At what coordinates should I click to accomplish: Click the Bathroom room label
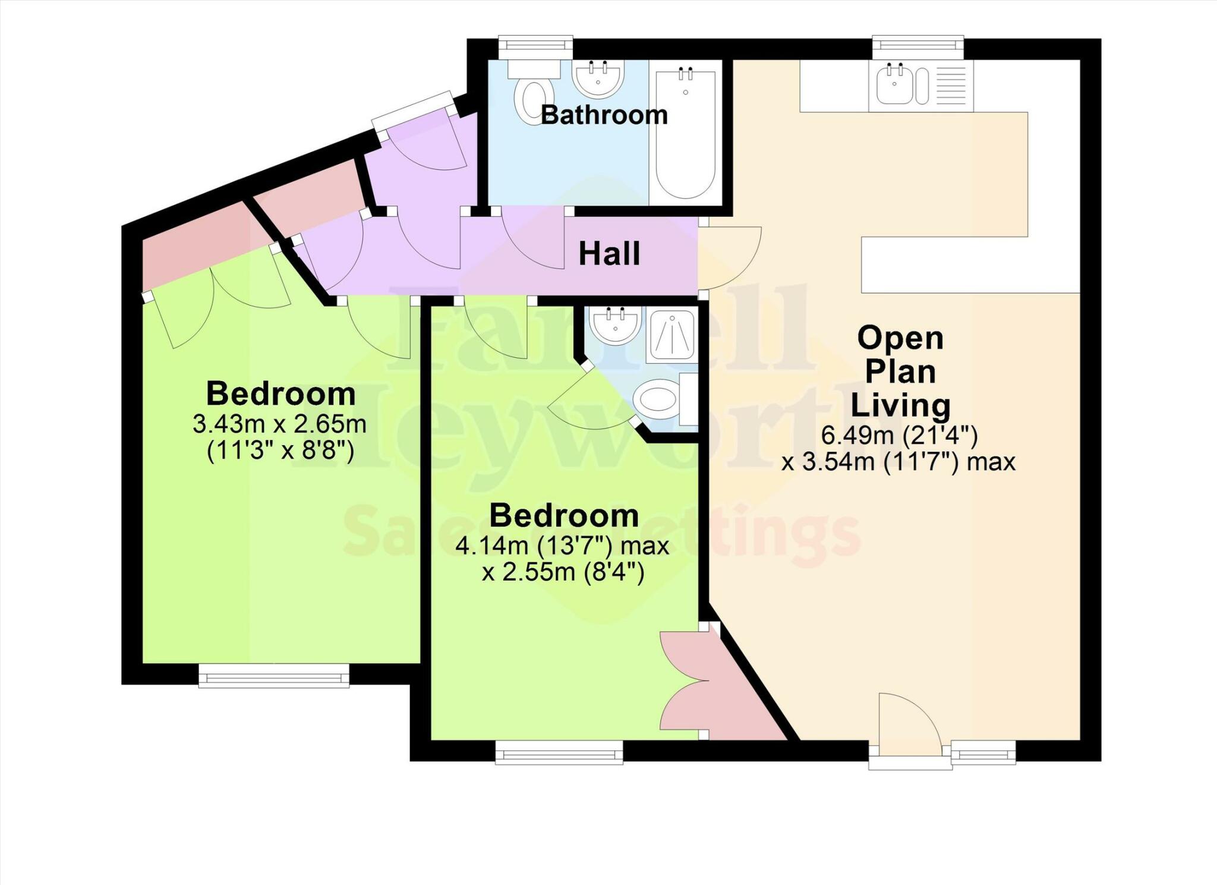click(604, 115)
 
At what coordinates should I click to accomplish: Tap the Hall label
click(609, 254)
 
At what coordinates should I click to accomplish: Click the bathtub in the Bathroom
click(685, 134)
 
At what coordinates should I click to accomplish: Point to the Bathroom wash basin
click(598, 78)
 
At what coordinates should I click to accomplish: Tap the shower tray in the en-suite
click(672, 336)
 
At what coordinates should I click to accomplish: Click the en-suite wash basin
click(615, 326)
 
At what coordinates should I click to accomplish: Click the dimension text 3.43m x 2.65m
click(279, 424)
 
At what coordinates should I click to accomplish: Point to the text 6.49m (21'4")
click(899, 436)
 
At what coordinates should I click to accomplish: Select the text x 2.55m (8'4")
click(563, 573)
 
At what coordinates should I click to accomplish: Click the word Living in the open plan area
click(900, 405)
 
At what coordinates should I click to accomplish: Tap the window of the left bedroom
click(273, 676)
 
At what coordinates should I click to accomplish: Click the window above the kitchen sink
click(918, 46)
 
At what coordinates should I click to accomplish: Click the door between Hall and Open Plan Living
click(728, 257)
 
